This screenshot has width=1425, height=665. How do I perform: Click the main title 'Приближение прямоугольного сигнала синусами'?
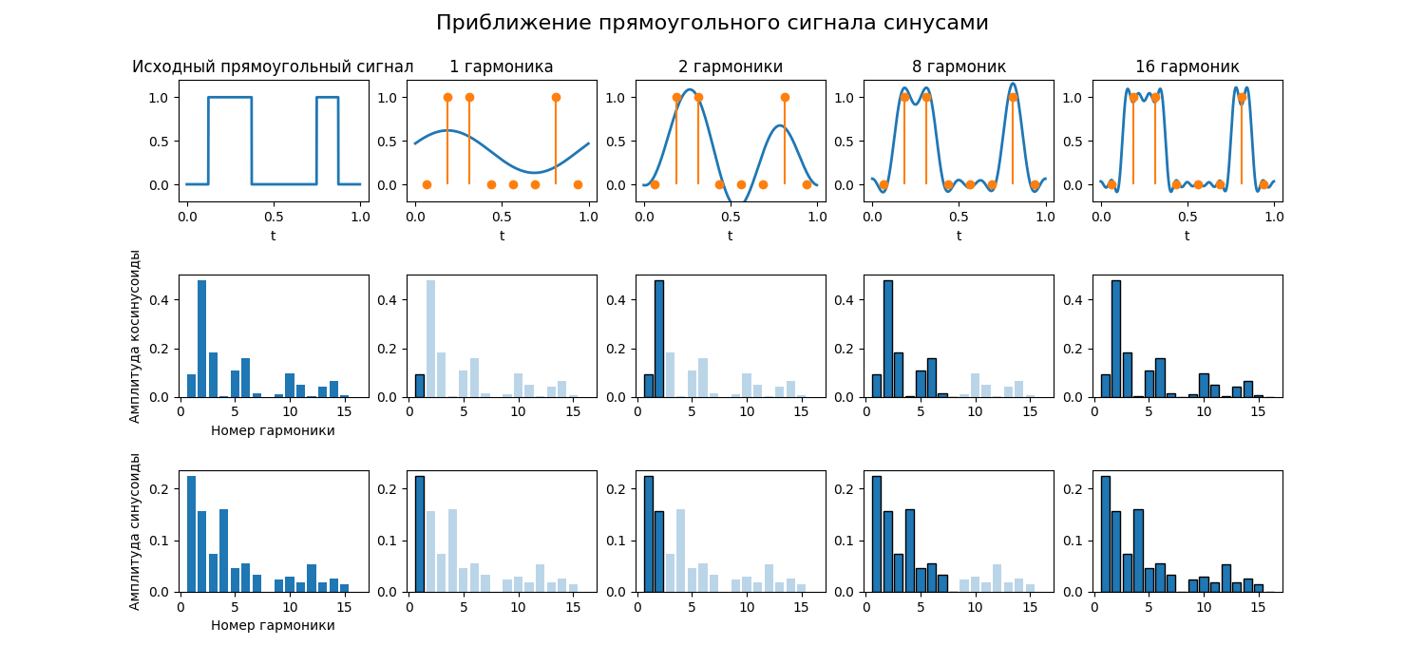712,23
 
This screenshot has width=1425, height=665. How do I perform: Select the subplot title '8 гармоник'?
959,66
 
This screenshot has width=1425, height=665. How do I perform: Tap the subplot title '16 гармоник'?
1187,66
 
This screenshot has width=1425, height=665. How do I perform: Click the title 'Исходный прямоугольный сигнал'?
273,66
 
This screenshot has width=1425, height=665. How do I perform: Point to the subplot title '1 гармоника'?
502,66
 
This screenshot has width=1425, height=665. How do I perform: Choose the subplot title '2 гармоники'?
730,66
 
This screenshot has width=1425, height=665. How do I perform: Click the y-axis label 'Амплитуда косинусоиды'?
135,336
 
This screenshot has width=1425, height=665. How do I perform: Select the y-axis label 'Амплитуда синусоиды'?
135,531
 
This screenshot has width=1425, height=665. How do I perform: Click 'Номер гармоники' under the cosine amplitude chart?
273,430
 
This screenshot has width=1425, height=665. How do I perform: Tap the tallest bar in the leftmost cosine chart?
202,338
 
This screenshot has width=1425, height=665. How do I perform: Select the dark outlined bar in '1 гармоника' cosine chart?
420,386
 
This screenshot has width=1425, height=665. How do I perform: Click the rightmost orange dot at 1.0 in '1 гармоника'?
556,97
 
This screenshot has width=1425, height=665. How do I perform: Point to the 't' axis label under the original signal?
273,236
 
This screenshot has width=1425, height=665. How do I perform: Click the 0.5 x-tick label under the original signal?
273,217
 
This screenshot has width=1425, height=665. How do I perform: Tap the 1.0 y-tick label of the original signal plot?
159,98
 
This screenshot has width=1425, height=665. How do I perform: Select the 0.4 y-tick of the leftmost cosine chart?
160,300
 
